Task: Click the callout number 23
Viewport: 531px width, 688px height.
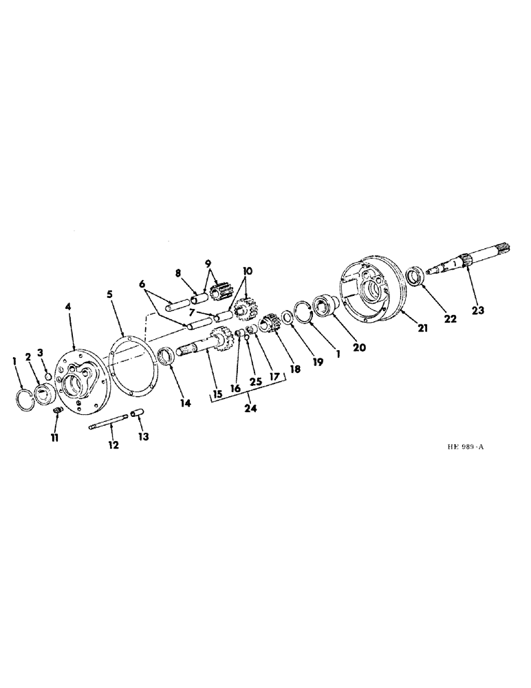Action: [x=478, y=310]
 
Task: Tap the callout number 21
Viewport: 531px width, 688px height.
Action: [x=423, y=329]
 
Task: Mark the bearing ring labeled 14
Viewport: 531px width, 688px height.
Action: [x=166, y=358]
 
